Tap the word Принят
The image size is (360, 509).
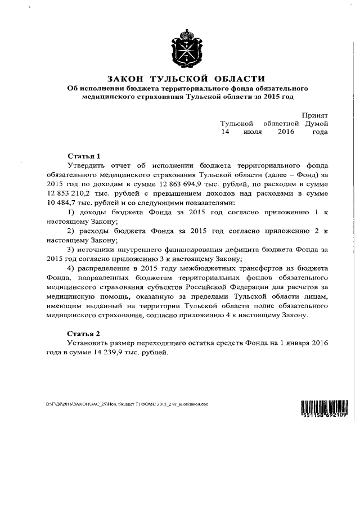(314, 114)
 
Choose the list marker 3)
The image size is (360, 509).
(71, 249)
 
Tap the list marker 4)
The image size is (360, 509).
(71, 268)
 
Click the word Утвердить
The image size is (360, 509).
(85, 165)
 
